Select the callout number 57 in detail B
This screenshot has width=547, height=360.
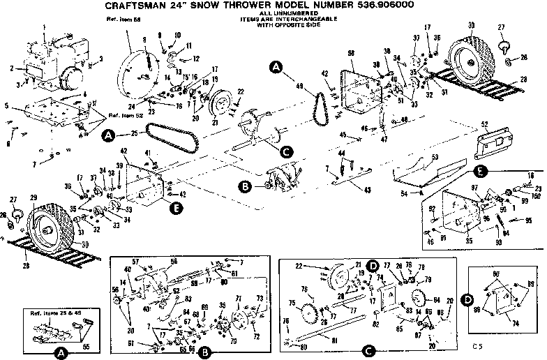135,262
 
